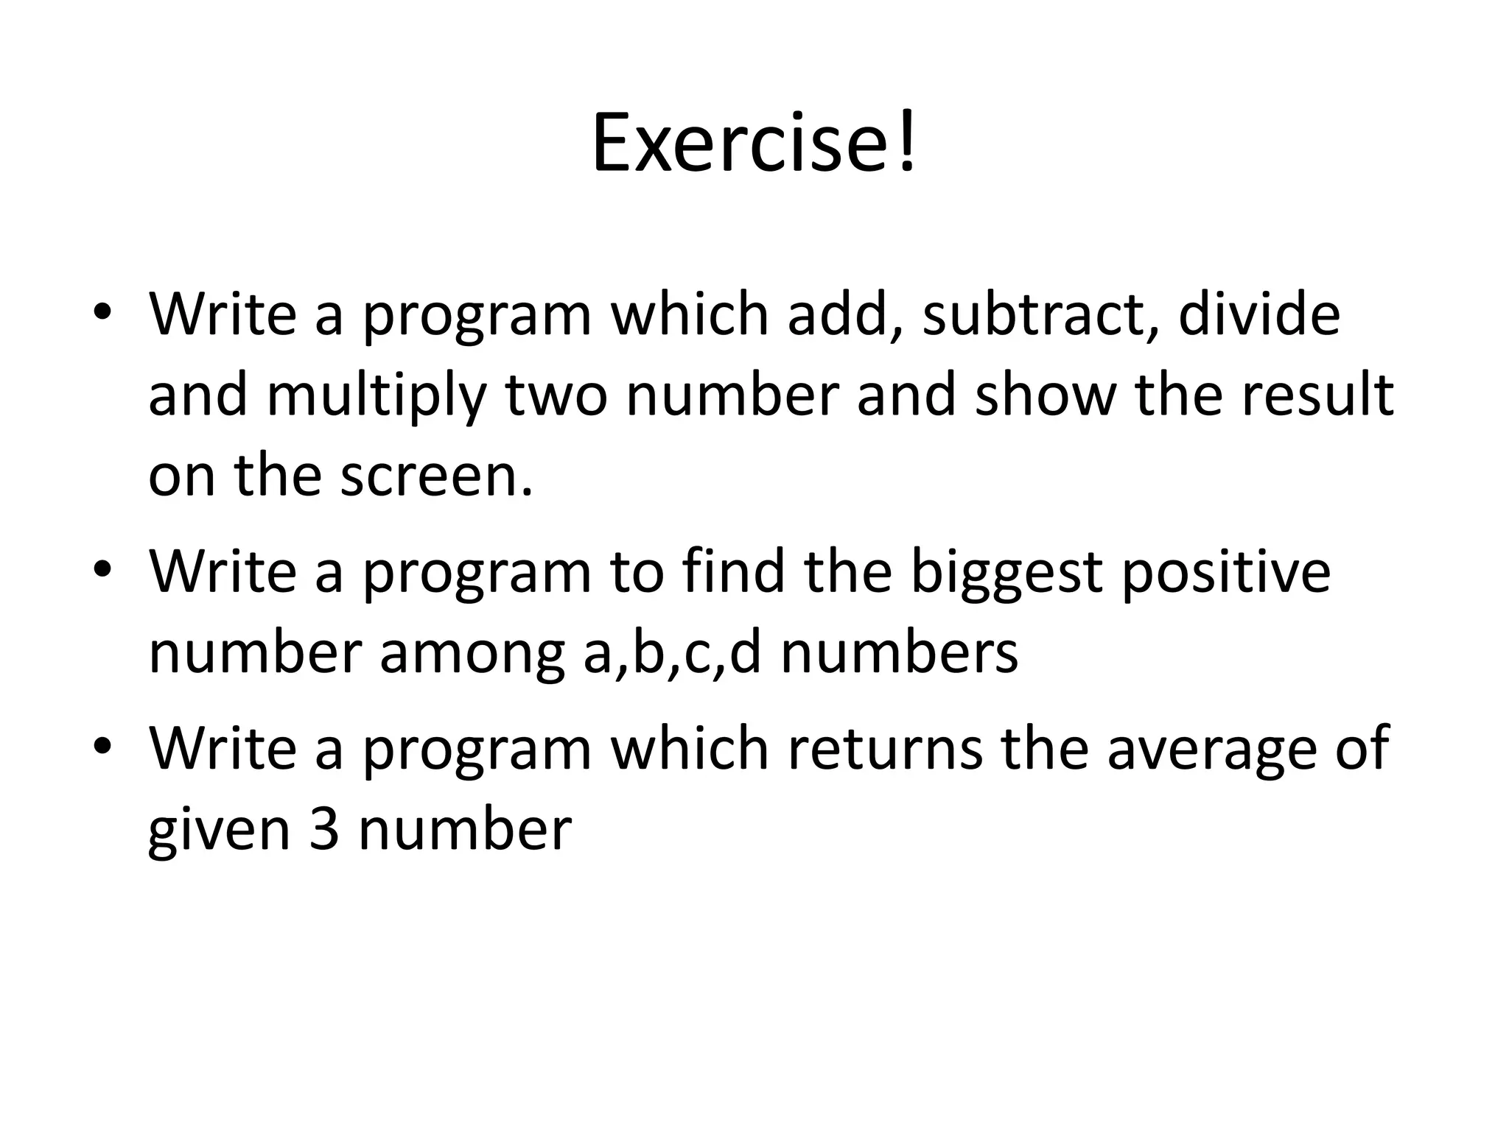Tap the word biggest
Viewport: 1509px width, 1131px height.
pos(1006,574)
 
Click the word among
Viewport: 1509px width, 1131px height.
pos(472,655)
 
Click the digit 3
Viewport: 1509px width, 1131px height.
pos(324,829)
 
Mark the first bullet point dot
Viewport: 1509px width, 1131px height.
pos(102,312)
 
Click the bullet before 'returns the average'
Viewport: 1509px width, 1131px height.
pos(102,747)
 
